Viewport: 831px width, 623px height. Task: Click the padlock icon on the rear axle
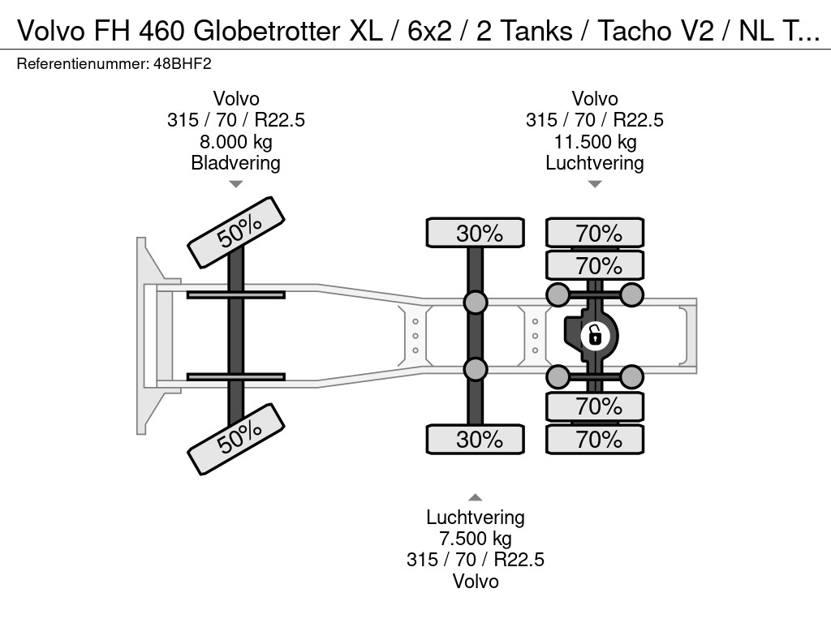pos(595,333)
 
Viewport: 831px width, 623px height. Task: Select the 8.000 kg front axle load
pos(235,142)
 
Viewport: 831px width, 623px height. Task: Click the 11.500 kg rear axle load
pos(594,142)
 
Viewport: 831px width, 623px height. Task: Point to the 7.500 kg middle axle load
pos(475,539)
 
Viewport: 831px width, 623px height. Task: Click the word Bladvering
pos(235,163)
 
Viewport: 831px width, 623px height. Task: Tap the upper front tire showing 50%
pos(236,233)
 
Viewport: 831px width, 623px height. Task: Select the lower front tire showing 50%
pos(236,439)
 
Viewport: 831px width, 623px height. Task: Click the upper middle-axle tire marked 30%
pos(476,234)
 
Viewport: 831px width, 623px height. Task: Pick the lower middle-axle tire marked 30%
pos(476,440)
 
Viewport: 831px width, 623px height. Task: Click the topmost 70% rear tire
pos(595,234)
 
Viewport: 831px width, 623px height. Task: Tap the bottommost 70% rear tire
pos(595,440)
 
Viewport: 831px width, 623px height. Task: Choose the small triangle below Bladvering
pos(235,184)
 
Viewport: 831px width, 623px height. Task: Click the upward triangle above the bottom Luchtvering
pos(475,497)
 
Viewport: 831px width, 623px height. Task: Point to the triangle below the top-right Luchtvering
pos(595,184)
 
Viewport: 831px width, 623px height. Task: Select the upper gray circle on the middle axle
pos(476,303)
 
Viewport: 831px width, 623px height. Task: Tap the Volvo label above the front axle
pos(235,99)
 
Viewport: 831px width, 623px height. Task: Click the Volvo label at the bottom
pos(475,581)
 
